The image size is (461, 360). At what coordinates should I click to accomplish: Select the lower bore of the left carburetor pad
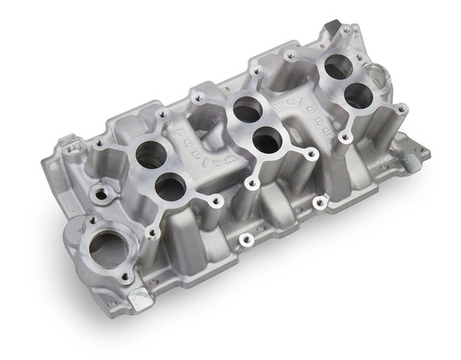(169, 185)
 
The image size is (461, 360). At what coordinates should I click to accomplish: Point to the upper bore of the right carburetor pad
(337, 67)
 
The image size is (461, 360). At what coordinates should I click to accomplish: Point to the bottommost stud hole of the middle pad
(256, 184)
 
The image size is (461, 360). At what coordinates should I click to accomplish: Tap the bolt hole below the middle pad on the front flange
(242, 240)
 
